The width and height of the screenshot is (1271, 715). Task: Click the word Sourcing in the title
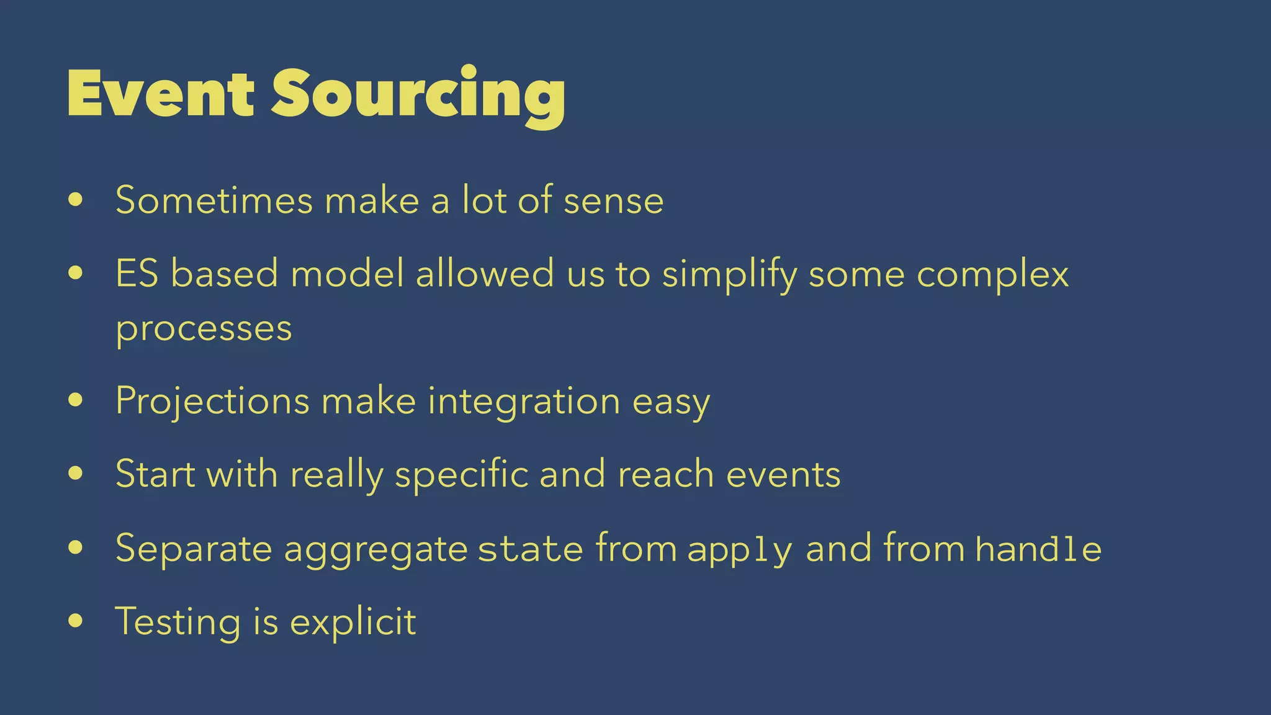[418, 94]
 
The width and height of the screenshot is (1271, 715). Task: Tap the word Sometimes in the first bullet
[214, 200]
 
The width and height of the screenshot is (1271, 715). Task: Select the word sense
[613, 200]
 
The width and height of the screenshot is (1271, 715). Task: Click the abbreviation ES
[137, 273]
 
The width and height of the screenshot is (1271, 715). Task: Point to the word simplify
[729, 274]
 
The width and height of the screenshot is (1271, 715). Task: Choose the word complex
[993, 274]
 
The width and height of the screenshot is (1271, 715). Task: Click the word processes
[204, 329]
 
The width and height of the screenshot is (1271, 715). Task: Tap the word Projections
[212, 401]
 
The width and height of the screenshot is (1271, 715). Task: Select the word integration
[524, 401]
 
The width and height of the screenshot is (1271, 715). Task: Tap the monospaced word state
[531, 549]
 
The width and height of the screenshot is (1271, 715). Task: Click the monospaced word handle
[1038, 549]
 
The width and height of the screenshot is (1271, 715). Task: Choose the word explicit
[353, 622]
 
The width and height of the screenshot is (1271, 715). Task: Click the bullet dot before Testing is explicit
[76, 621]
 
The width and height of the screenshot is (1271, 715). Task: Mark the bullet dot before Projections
[76, 400]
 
